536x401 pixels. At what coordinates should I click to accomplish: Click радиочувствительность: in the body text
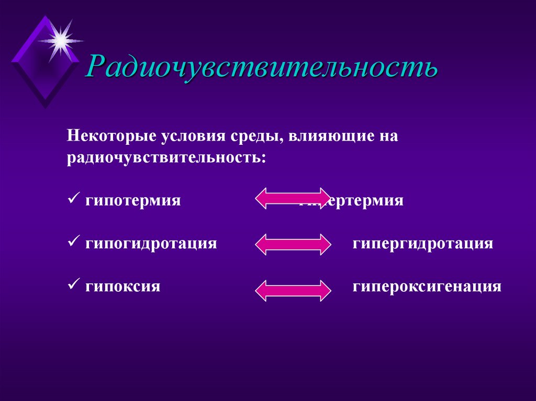point(166,157)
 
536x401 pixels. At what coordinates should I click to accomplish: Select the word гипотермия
point(133,201)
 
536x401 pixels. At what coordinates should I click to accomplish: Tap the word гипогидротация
point(151,244)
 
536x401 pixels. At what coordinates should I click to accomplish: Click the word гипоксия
point(122,287)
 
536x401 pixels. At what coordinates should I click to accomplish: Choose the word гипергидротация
point(422,244)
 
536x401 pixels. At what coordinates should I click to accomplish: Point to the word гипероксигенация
point(427,287)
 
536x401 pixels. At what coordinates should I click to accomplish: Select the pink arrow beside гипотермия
point(293,198)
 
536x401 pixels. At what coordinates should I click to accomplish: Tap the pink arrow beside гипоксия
point(293,290)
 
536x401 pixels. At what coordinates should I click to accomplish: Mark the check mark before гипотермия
point(72,200)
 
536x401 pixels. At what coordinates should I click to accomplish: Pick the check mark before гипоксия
point(72,285)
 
